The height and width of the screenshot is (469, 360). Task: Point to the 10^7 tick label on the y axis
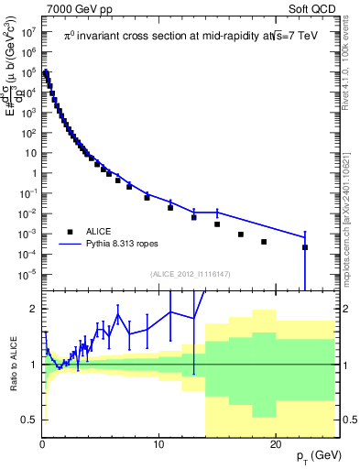coord(29,31)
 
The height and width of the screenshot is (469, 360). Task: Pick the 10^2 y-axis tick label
coord(29,133)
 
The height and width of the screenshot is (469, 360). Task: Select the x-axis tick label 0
coord(42,444)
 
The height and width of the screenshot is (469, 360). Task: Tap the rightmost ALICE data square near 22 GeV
coord(304,247)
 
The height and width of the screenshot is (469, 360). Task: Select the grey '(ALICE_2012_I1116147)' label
coord(190,274)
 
